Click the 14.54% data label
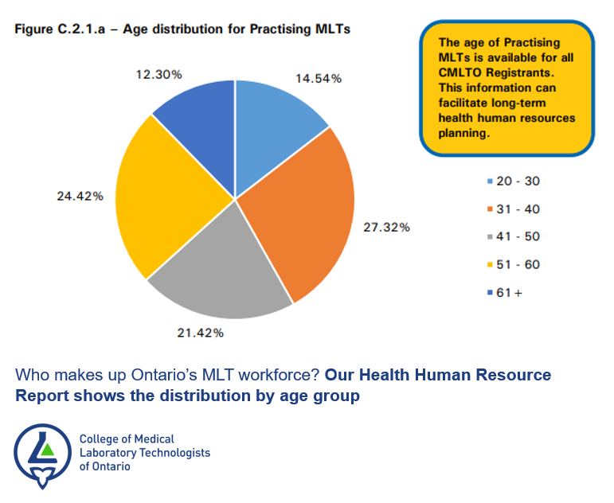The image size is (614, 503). tap(318, 78)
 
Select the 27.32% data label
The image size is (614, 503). tap(386, 227)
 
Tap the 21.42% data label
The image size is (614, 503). tap(200, 332)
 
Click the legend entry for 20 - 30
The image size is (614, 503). tap(514, 181)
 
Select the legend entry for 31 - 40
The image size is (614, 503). tap(514, 209)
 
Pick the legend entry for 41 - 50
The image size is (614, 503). tap(514, 236)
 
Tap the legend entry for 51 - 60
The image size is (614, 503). tap(514, 264)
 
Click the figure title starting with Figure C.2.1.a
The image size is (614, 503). tap(182, 29)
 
